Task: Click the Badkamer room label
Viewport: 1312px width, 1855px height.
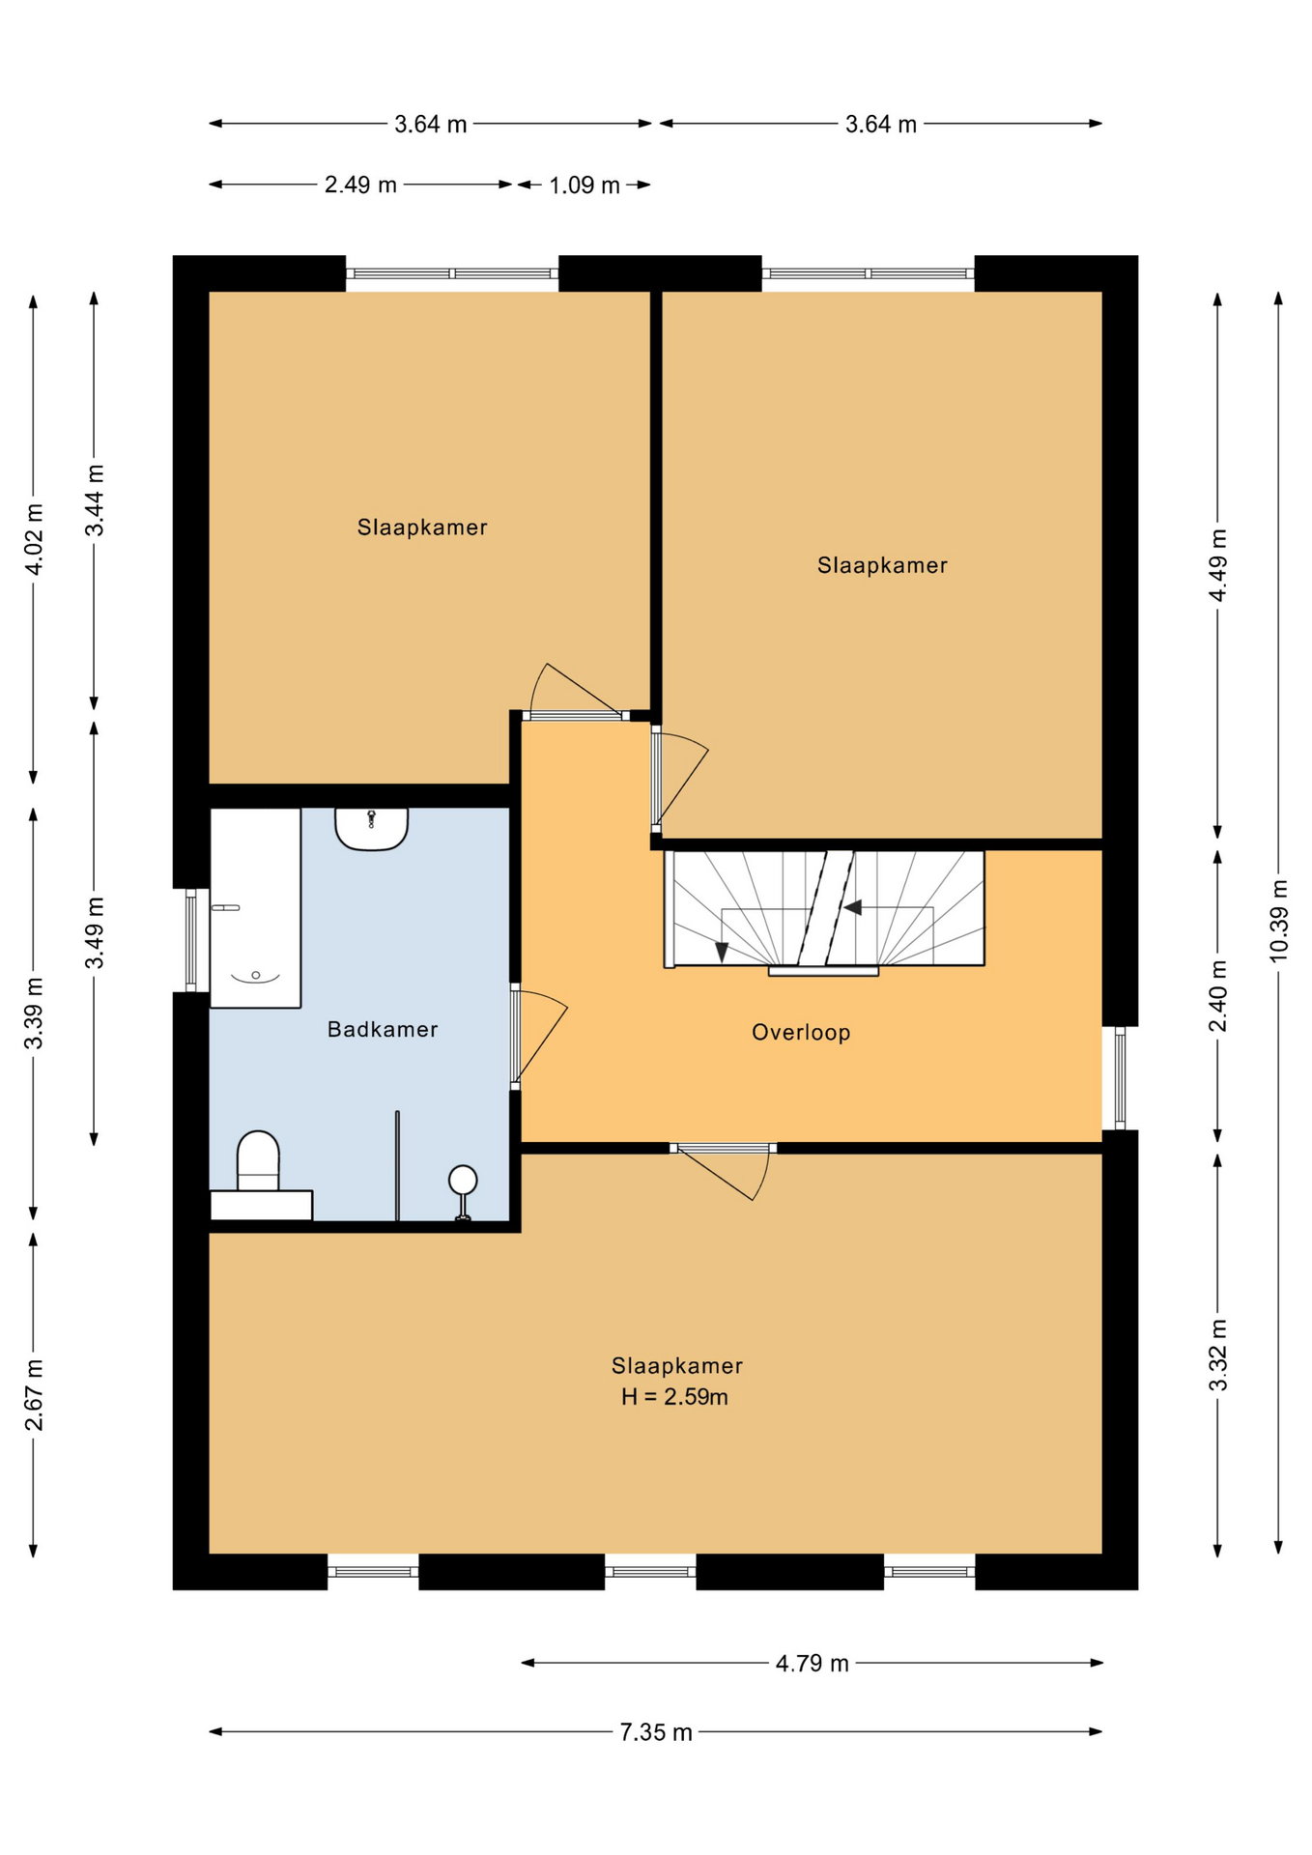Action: [x=383, y=1030]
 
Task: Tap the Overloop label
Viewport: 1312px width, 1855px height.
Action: [x=801, y=1033]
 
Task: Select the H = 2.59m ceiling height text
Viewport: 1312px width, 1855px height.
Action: [x=674, y=1397]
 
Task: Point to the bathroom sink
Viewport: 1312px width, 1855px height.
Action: [x=372, y=829]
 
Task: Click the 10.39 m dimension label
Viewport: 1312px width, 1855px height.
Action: [x=1278, y=921]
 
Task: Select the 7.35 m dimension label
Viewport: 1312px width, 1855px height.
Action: [x=656, y=1732]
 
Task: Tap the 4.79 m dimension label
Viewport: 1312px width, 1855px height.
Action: [x=812, y=1663]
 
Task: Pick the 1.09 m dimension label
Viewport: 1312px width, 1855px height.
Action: [x=585, y=185]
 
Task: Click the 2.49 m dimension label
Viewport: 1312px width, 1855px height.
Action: [x=360, y=185]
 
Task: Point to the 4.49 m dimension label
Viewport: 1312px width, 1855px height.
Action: [x=1218, y=565]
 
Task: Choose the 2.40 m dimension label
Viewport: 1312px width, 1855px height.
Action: [x=1218, y=995]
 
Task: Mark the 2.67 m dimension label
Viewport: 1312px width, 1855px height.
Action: [x=34, y=1395]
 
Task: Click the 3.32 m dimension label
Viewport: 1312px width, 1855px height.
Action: [x=1218, y=1355]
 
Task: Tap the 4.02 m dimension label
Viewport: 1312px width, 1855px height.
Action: [x=34, y=539]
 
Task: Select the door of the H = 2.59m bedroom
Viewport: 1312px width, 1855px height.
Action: [x=725, y=1171]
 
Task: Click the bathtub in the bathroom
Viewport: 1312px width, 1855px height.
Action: [x=255, y=908]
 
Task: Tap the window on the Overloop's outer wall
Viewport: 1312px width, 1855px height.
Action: [x=1120, y=1078]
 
